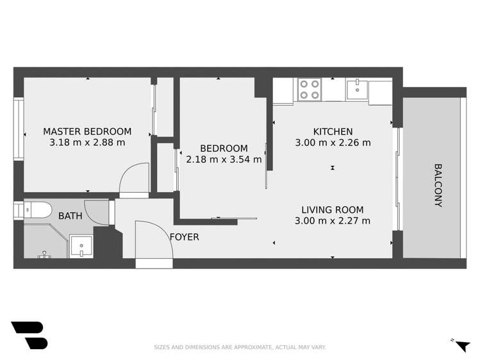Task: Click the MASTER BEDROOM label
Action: pos(87,131)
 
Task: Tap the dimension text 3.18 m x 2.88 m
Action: pos(87,143)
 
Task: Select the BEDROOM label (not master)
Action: pos(224,148)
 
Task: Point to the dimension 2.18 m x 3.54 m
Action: pos(224,160)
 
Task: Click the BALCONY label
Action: pos(438,186)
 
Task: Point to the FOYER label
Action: pos(184,237)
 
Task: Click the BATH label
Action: pos(70,216)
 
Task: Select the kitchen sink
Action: pos(355,88)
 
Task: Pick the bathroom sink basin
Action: pos(80,245)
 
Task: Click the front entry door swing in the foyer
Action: pos(151,240)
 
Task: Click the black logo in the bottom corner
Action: pos(29,335)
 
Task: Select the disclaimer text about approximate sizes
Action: pos(240,347)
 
